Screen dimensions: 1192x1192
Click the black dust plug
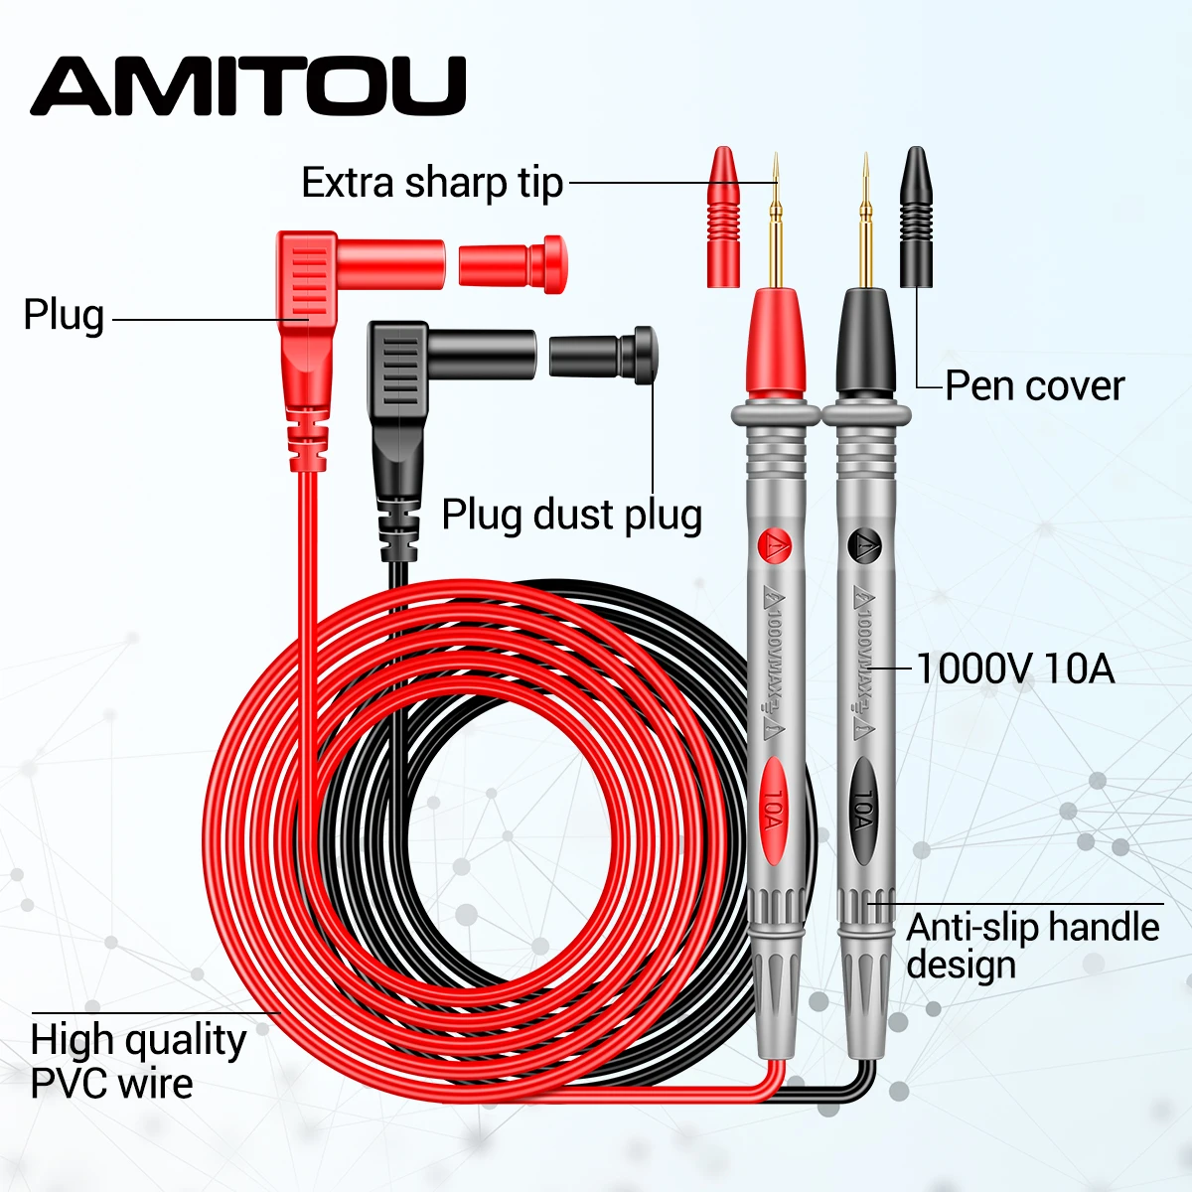(602, 355)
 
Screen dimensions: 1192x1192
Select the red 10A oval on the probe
(773, 810)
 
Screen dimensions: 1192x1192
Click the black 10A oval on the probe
(863, 810)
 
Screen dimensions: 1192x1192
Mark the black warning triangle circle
(864, 544)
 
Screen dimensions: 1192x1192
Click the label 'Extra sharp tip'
(432, 184)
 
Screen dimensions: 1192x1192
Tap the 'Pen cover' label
(1034, 386)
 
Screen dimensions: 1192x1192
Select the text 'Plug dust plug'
(571, 516)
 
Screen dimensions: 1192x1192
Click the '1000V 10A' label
(1014, 669)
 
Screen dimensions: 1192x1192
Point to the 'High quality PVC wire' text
(138, 1061)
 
